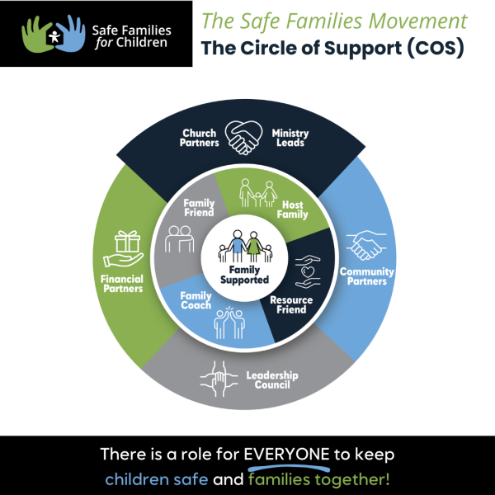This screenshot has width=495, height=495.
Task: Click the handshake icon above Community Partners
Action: coord(367,246)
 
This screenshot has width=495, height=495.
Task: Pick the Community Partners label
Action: coord(366,276)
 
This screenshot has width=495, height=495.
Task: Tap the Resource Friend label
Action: coord(289,304)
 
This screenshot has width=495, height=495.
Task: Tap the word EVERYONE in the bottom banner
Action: coord(294,455)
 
